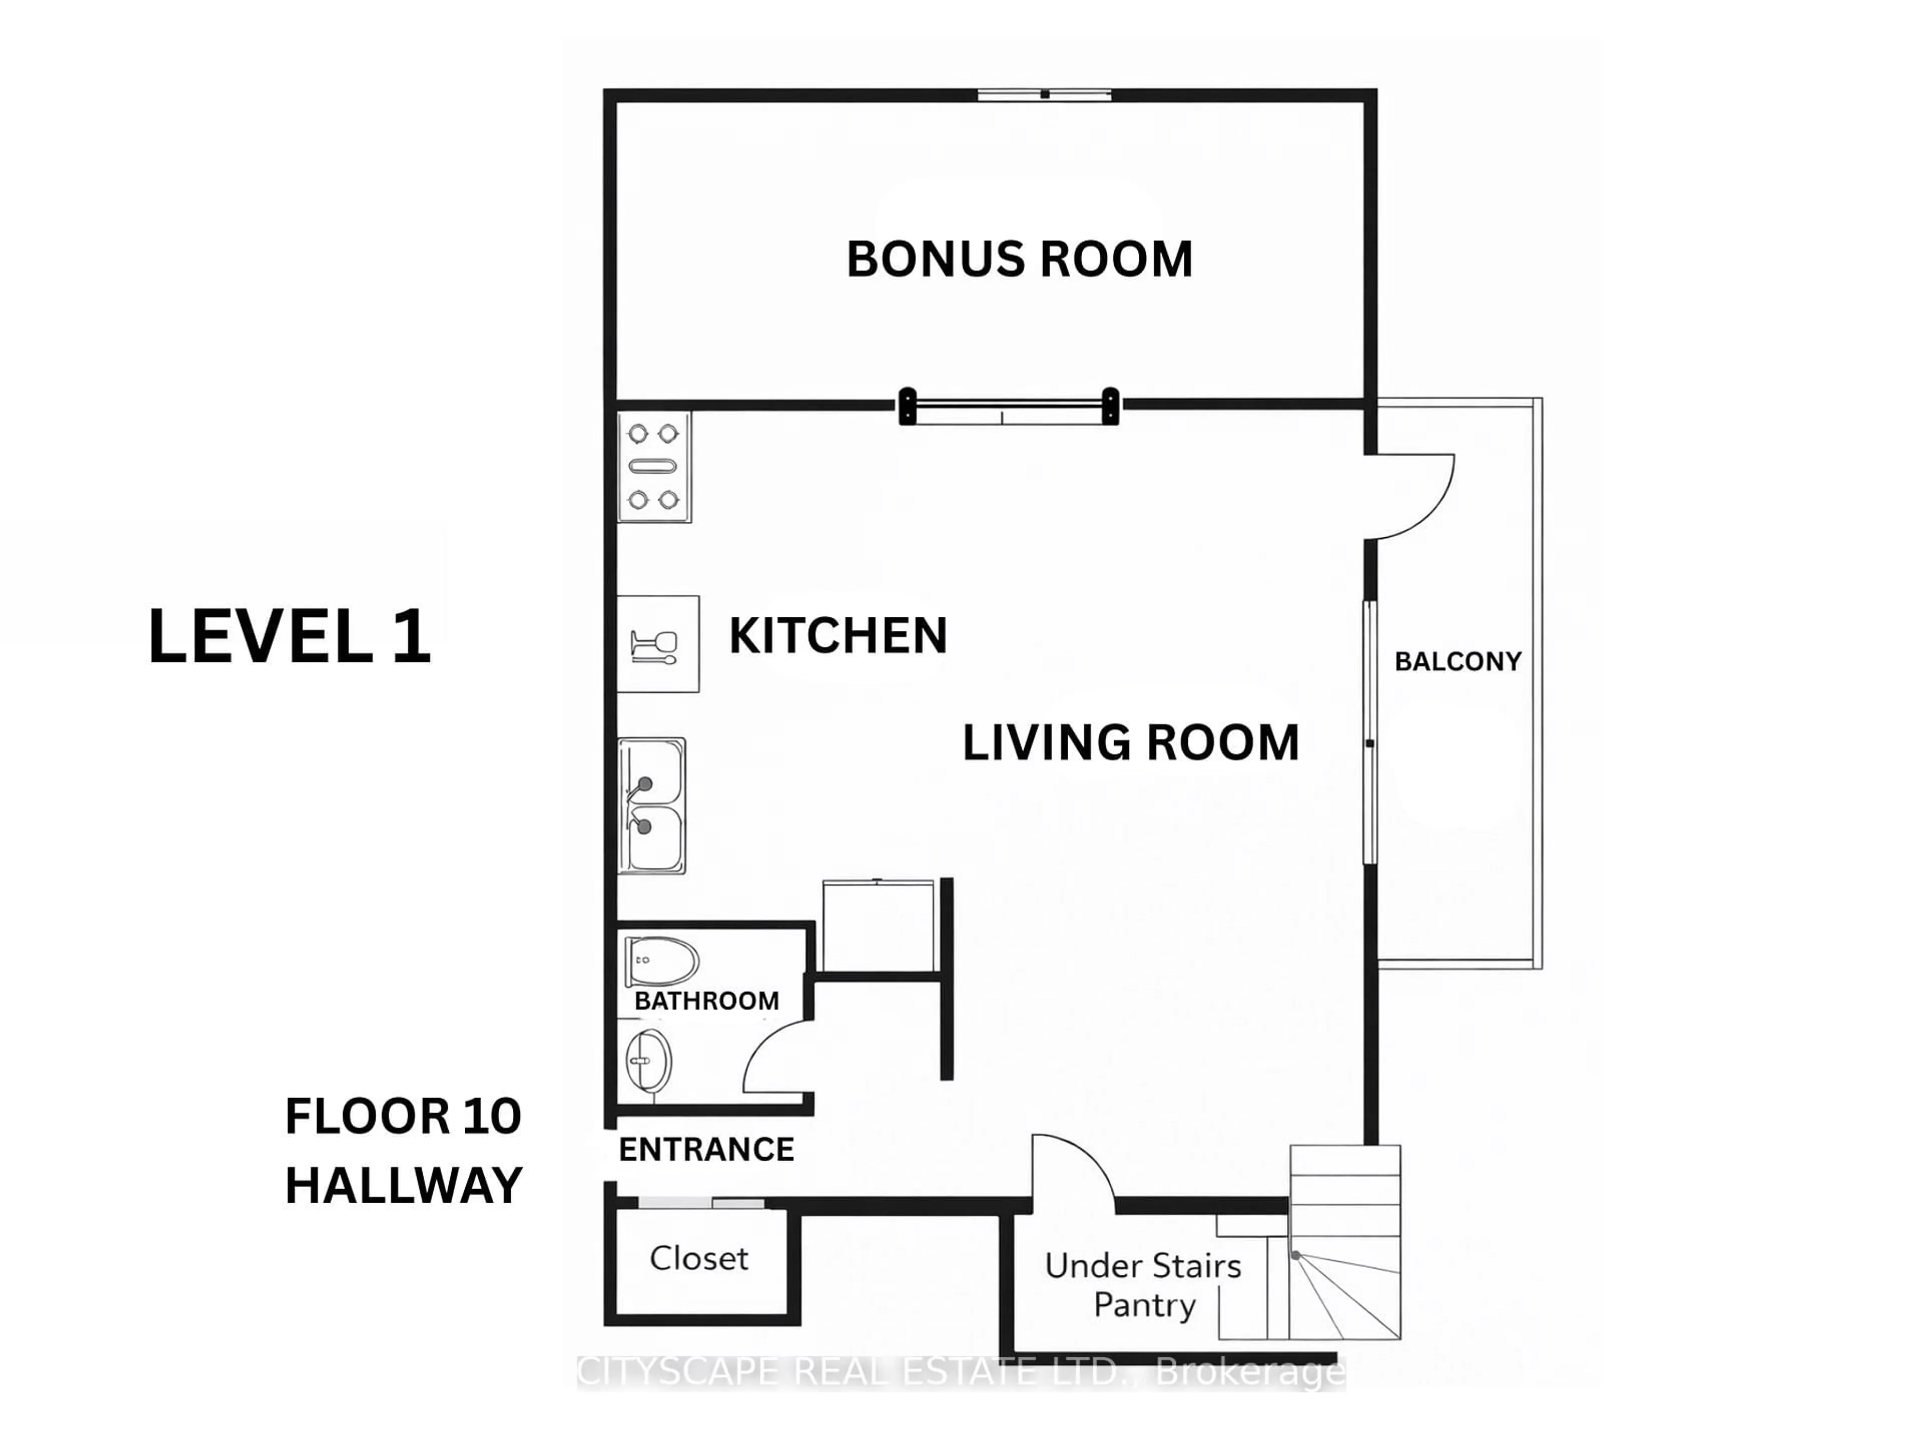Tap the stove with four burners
pos(654,467)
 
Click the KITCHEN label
pos(838,635)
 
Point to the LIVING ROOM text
pos(1130,743)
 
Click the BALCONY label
pos(1458,661)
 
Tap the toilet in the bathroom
pos(661,961)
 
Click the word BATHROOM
pos(706,1000)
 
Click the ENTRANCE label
pos(706,1149)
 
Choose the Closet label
pos(699,1258)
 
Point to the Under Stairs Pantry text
pos(1143,1285)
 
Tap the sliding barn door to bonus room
pos(1009,406)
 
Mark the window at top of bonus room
pos(1044,94)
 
